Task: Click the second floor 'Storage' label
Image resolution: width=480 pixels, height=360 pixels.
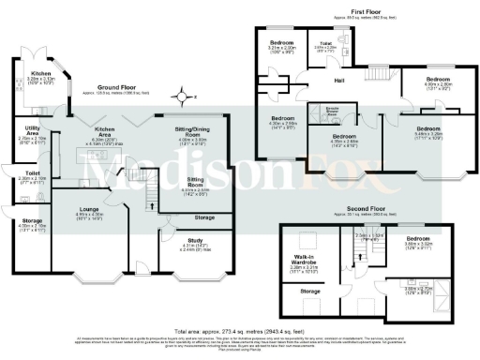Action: tap(307, 292)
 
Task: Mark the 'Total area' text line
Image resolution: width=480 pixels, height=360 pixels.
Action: tap(240, 330)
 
